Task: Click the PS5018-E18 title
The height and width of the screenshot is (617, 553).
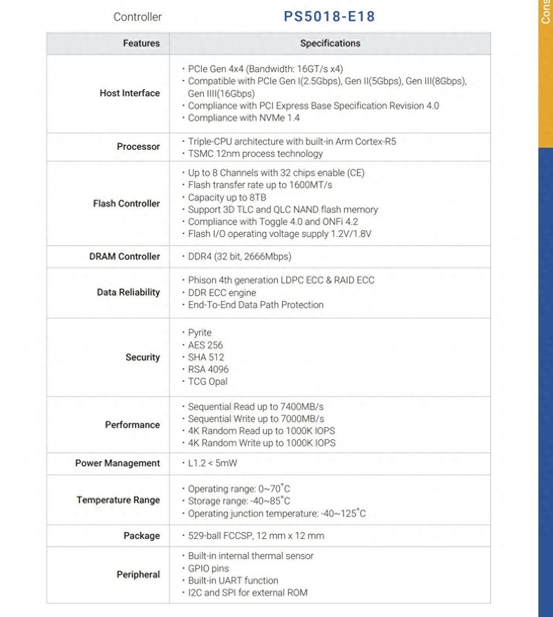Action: click(x=329, y=16)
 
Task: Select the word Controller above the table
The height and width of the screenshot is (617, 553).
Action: click(x=138, y=17)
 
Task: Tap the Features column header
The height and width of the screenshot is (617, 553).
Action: click(x=141, y=43)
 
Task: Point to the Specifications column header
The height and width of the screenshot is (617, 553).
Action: click(x=330, y=43)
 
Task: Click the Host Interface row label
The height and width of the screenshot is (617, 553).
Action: click(x=129, y=93)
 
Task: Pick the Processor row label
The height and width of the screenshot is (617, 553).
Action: click(x=138, y=146)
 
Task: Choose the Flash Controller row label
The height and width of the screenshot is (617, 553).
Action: click(x=126, y=203)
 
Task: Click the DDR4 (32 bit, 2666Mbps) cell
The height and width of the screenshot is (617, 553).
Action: click(x=239, y=256)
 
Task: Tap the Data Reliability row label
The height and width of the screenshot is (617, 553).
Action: click(x=128, y=292)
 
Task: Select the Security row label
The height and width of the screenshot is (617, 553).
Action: click(x=142, y=357)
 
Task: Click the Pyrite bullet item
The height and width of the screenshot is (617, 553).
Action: click(x=200, y=332)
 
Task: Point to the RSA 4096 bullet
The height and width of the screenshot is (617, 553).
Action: click(x=208, y=369)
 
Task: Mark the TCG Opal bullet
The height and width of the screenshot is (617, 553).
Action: click(x=207, y=381)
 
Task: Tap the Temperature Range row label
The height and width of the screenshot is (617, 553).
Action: click(x=118, y=500)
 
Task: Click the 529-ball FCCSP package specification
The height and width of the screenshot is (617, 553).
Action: click(x=256, y=535)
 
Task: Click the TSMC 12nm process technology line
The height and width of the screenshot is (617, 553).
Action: click(x=255, y=153)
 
